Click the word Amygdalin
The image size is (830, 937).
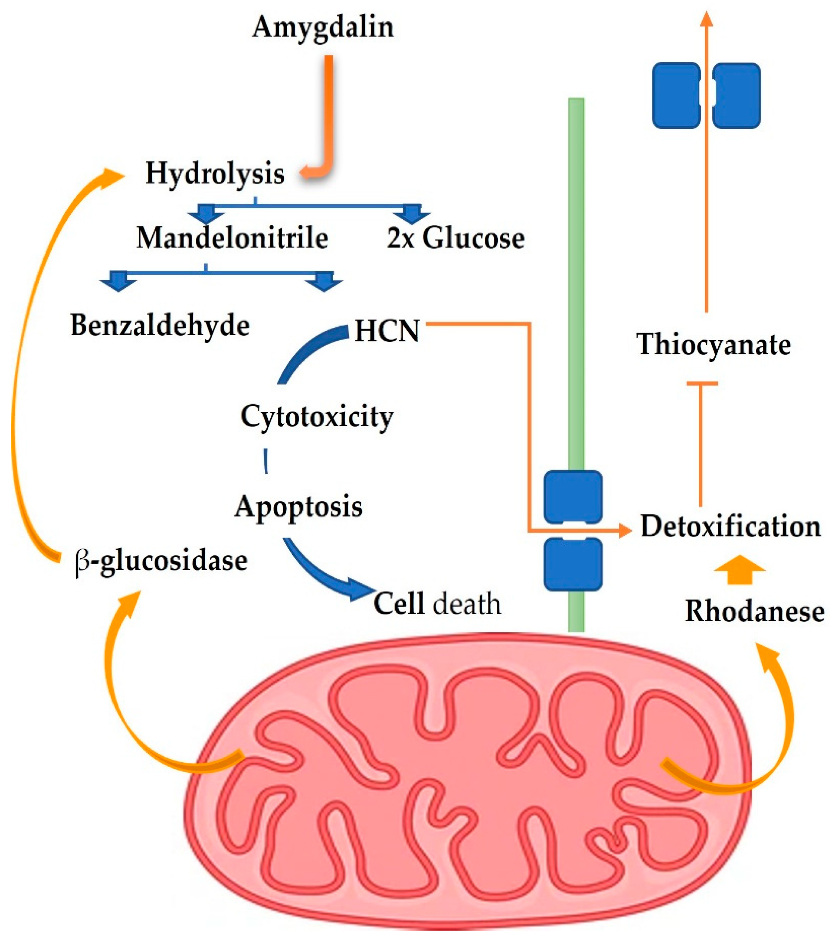323,27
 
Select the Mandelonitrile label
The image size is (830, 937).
232,238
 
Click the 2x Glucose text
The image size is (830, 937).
455,238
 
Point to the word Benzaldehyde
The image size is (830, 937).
160,325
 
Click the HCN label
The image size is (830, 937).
387,331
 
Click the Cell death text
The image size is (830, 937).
437,604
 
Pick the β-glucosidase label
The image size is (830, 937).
161,560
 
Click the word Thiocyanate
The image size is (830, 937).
714,345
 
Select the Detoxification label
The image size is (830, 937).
730,526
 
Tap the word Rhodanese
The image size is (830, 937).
754,611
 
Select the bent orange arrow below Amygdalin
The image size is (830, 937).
327,119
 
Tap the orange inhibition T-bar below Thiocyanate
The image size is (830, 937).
701,440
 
